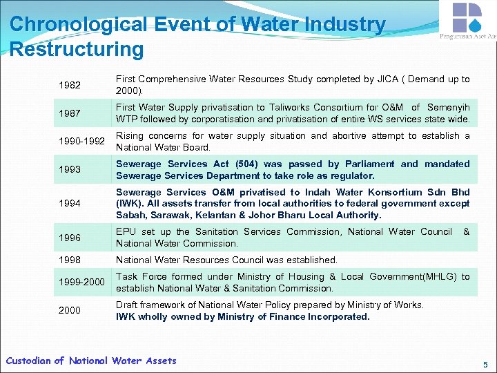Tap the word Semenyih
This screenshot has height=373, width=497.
tap(449, 107)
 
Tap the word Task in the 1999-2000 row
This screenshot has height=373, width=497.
tap(127, 276)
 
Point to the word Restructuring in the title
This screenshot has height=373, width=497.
tap(77, 50)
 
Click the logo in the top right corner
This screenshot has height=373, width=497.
tap(467, 19)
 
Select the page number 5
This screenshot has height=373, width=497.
tap(485, 364)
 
